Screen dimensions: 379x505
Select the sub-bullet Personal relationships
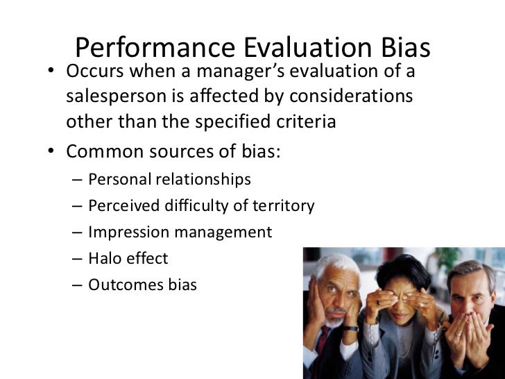169,180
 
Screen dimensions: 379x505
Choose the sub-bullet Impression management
180,233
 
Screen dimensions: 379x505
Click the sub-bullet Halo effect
128,259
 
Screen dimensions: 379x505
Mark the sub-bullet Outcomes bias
143,285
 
